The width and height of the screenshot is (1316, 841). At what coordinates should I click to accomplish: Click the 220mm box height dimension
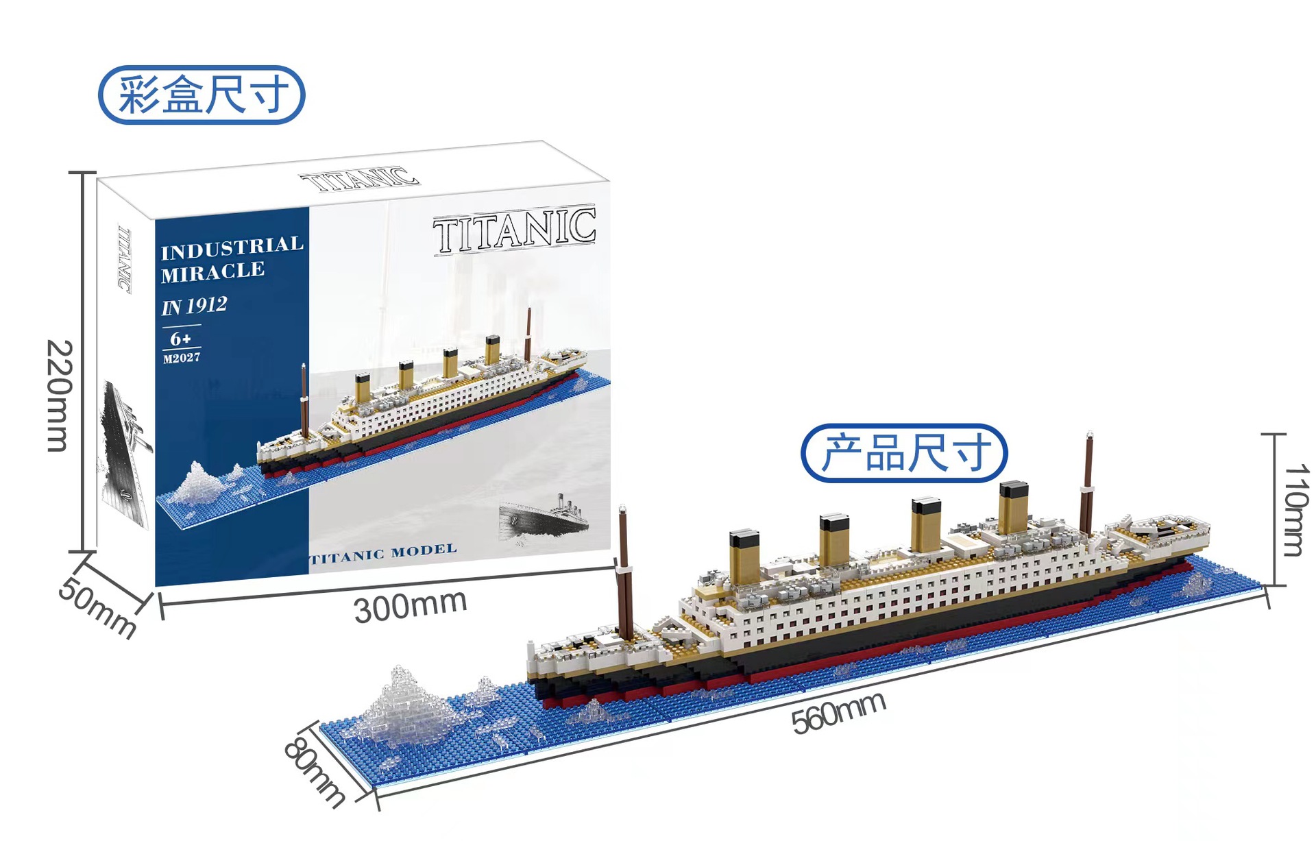pyautogui.click(x=59, y=395)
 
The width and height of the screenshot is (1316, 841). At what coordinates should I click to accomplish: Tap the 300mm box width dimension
pyautogui.click(x=410, y=607)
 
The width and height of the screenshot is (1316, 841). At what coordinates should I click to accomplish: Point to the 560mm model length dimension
pyautogui.click(x=838, y=713)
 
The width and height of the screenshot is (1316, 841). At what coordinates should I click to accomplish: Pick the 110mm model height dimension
pyautogui.click(x=1295, y=510)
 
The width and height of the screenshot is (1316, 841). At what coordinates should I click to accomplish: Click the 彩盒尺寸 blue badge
pyautogui.click(x=202, y=95)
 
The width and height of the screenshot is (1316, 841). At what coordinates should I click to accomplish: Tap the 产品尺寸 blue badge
pyautogui.click(x=904, y=453)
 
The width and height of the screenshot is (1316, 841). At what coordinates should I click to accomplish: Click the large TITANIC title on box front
pyautogui.click(x=514, y=230)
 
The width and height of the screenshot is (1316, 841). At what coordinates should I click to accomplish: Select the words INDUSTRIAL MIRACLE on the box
pyautogui.click(x=232, y=259)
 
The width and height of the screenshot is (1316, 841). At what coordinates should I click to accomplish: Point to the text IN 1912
pyautogui.click(x=194, y=306)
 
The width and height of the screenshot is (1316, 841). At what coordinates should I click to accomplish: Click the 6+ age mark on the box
pyautogui.click(x=181, y=339)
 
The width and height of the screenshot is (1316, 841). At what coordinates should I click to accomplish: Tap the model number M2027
pyautogui.click(x=182, y=358)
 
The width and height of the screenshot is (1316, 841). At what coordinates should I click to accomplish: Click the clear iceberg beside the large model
pyautogui.click(x=409, y=706)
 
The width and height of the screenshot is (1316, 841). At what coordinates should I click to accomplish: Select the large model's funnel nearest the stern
pyautogui.click(x=1013, y=507)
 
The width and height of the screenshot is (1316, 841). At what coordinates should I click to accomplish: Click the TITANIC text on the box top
pyautogui.click(x=360, y=179)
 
